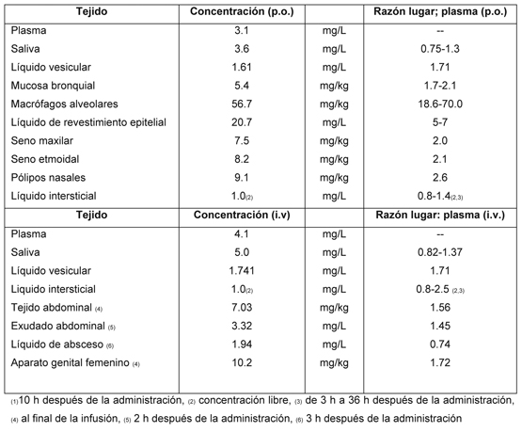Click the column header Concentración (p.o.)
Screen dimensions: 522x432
(242, 11)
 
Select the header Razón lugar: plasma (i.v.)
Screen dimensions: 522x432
(440, 216)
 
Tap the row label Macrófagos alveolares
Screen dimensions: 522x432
(64, 104)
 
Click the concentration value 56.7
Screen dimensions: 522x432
(242, 104)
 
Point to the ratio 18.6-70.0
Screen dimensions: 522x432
(440, 104)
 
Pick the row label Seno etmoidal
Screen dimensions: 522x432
(45, 159)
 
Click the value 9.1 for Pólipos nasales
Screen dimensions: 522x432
(242, 178)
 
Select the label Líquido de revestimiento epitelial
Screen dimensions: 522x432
(88, 122)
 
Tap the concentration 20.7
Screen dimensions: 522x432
(242, 122)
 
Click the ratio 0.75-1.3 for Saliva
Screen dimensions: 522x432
(440, 49)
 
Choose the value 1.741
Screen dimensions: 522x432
(242, 271)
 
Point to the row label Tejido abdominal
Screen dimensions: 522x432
(52, 308)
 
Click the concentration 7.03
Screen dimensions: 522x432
(242, 308)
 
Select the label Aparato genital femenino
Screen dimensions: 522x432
(70, 362)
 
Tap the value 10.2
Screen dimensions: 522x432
(242, 362)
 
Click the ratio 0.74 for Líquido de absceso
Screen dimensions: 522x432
(440, 344)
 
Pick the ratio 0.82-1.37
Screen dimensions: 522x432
(440, 252)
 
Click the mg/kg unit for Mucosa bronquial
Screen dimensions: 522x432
(334, 86)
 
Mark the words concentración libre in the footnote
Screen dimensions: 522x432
(245, 400)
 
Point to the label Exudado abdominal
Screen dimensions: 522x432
(58, 326)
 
